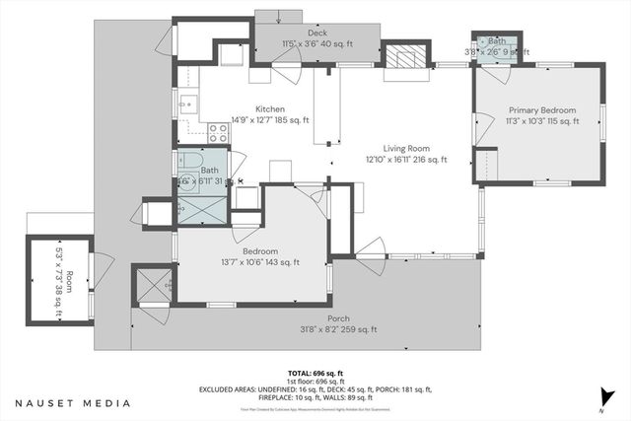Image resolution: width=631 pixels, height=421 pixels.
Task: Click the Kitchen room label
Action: (270, 109)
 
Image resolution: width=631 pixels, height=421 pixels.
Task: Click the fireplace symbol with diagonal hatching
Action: (403, 57)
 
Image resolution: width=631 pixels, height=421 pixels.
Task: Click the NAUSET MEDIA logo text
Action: (72, 403)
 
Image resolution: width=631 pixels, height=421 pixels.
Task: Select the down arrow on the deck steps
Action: (279, 15)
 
